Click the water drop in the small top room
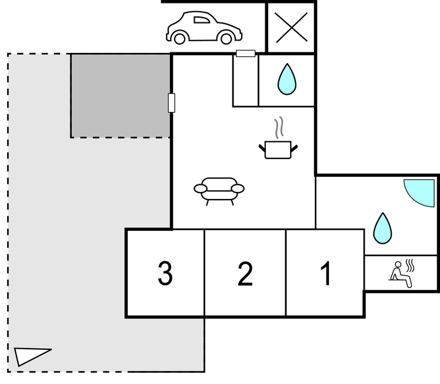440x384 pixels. click(x=286, y=79)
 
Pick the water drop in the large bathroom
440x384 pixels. click(x=382, y=228)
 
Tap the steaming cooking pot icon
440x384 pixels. click(x=278, y=149)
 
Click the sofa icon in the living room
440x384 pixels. click(x=219, y=190)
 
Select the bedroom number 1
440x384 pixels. click(x=325, y=273)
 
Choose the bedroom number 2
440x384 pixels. click(x=245, y=273)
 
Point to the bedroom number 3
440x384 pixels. click(x=165, y=273)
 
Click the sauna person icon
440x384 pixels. click(x=402, y=273)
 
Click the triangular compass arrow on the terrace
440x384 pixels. click(x=31, y=356)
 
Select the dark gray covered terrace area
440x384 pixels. click(x=121, y=95)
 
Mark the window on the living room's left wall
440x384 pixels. click(x=172, y=102)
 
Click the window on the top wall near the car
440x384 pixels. click(x=245, y=54)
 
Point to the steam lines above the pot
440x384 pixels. click(x=279, y=127)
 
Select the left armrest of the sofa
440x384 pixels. click(x=201, y=189)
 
